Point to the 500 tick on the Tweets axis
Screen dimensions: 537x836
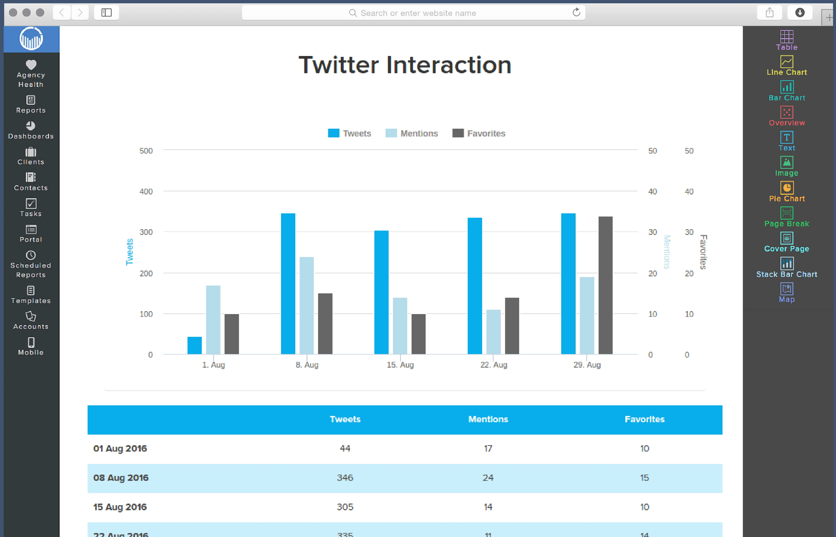point(146,151)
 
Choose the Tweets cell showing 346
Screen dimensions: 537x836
point(345,478)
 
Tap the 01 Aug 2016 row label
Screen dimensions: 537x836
point(120,448)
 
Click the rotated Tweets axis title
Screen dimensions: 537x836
point(130,252)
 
